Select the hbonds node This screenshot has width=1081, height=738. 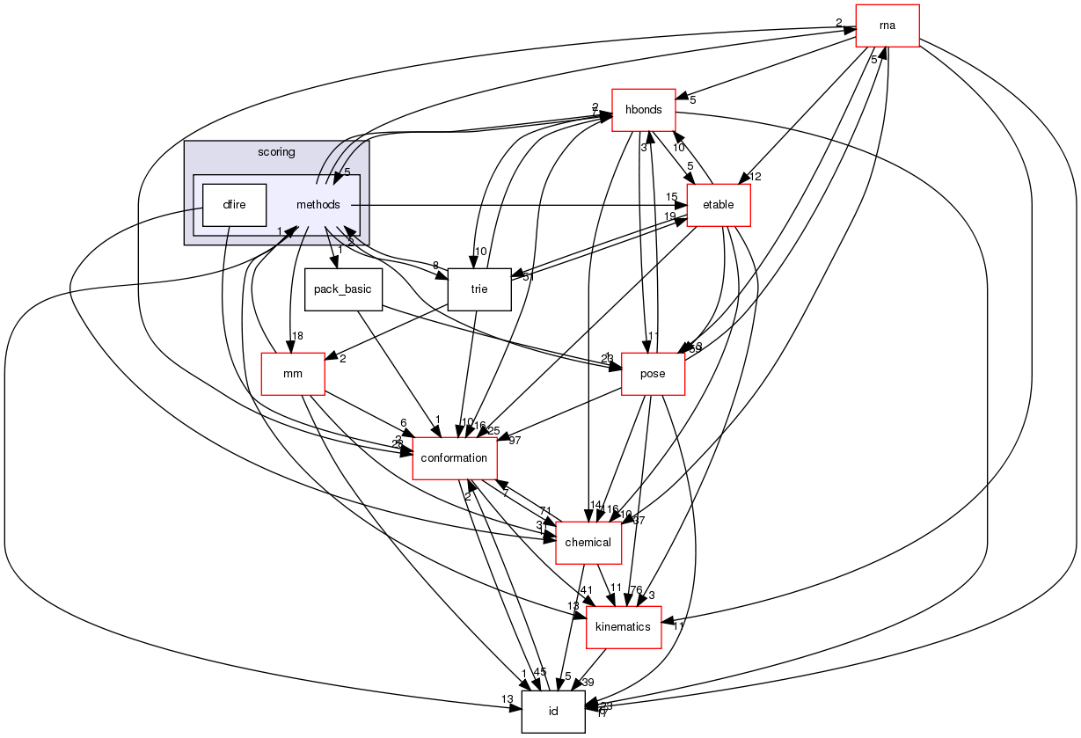point(643,110)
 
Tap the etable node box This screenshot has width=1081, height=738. point(718,206)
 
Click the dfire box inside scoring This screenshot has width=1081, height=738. point(234,205)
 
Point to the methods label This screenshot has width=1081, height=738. point(318,205)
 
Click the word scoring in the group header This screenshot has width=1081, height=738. point(276,152)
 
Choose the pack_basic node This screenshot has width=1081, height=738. point(343,289)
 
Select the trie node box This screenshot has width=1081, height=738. point(479,289)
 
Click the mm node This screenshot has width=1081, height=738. point(293,374)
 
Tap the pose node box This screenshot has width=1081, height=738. point(653,374)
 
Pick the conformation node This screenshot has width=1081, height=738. point(455,458)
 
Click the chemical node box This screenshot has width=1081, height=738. point(588,543)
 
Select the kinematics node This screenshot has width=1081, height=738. point(623,627)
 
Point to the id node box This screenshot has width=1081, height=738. point(553,712)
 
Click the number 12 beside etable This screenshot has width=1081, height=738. point(754,177)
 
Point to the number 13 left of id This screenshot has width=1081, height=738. point(508,699)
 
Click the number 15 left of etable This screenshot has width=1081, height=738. point(671,196)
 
